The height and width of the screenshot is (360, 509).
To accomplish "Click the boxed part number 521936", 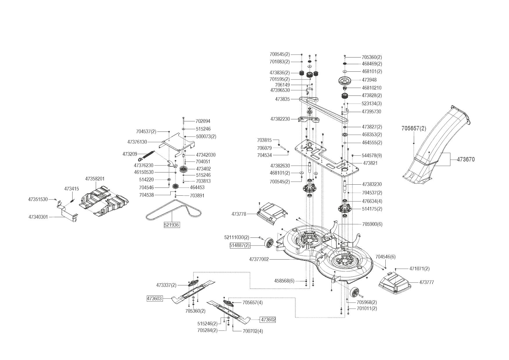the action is (172, 225).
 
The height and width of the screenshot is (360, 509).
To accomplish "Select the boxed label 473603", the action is (154, 298).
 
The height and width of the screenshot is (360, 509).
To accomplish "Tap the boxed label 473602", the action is (268, 320).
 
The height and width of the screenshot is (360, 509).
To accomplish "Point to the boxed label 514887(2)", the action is (239, 245).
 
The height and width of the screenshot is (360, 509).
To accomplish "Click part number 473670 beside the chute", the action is (466, 159).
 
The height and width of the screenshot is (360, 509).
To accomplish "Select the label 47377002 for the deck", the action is (259, 259).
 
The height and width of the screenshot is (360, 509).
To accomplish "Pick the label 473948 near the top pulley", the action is (369, 80).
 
